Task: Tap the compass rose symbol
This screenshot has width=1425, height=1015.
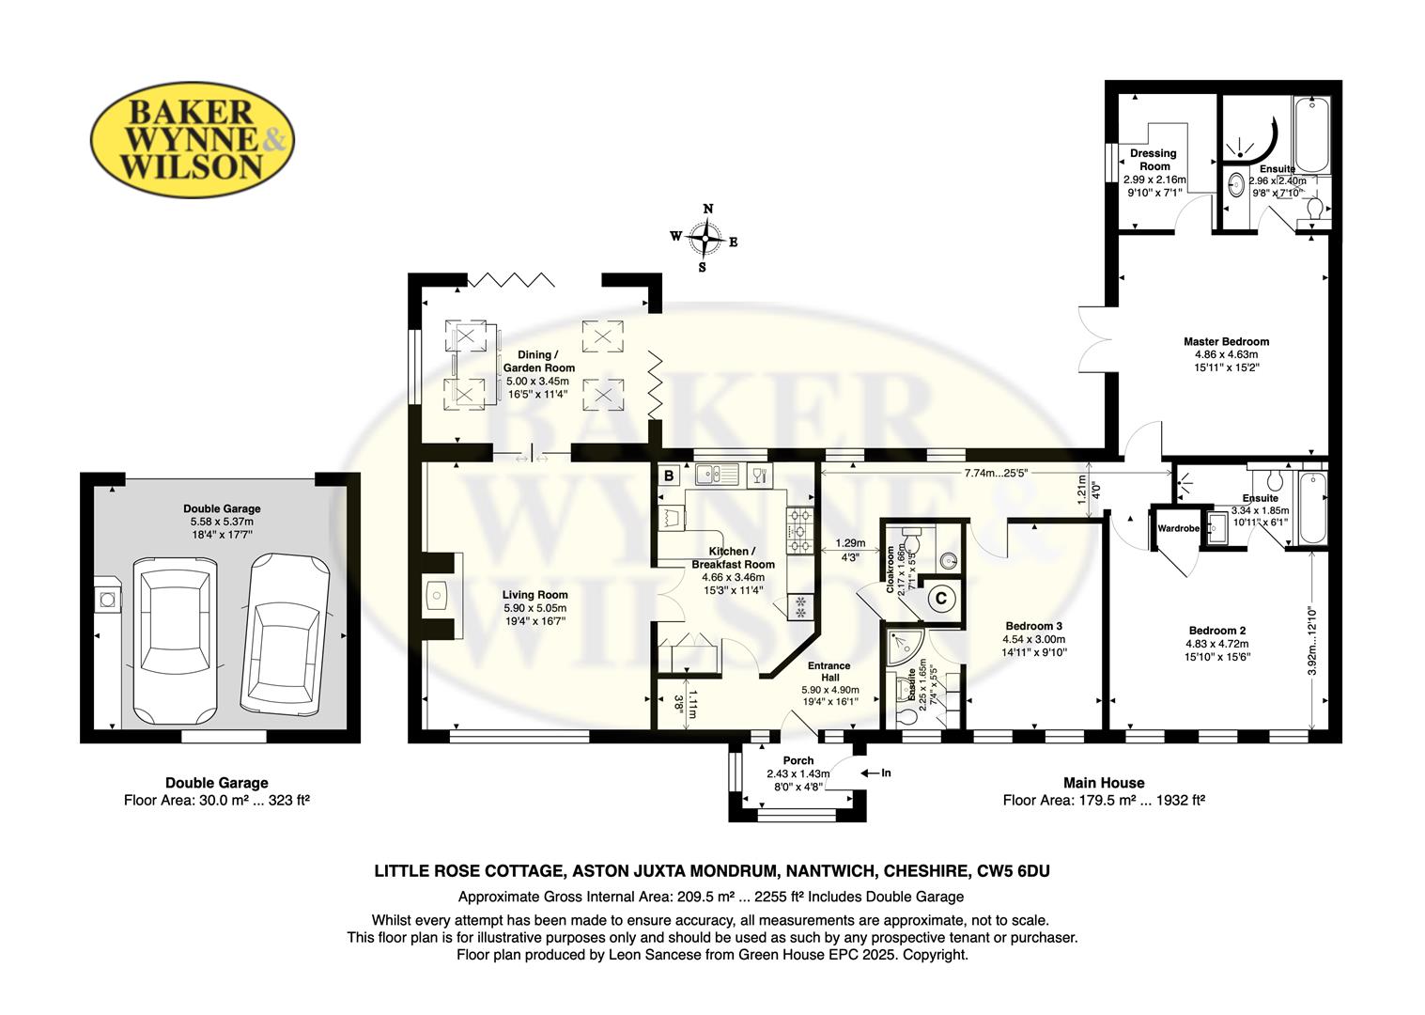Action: pos(705,239)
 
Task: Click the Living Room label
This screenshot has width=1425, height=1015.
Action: pos(534,594)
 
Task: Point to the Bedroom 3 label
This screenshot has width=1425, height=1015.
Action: pos(1033,626)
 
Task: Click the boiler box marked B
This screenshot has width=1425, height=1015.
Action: pos(669,476)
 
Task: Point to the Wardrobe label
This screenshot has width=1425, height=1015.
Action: pos(1178,529)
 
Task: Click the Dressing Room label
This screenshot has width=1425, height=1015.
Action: pos(1153,159)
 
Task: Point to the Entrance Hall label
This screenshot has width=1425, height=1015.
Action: pos(829,672)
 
